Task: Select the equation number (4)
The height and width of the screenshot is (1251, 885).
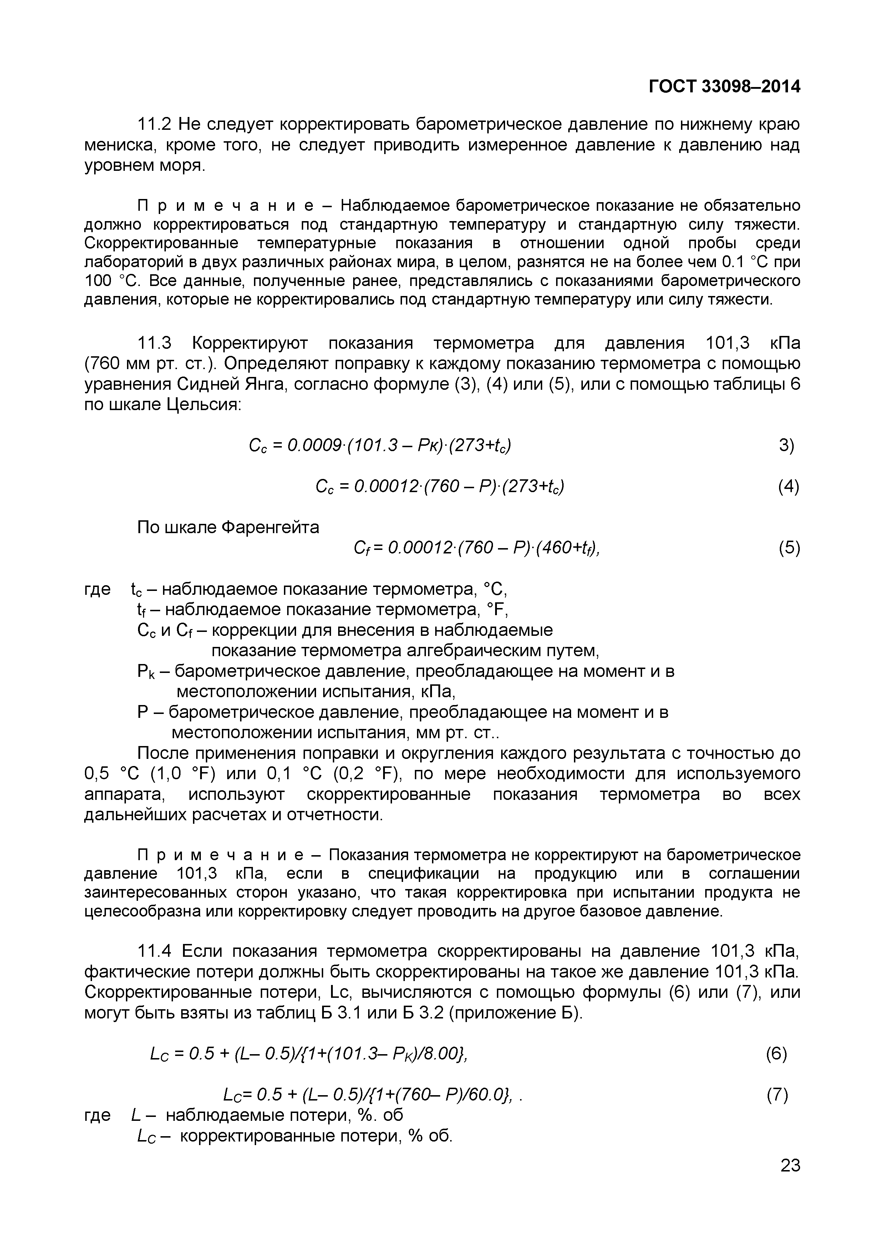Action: click(x=789, y=486)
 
